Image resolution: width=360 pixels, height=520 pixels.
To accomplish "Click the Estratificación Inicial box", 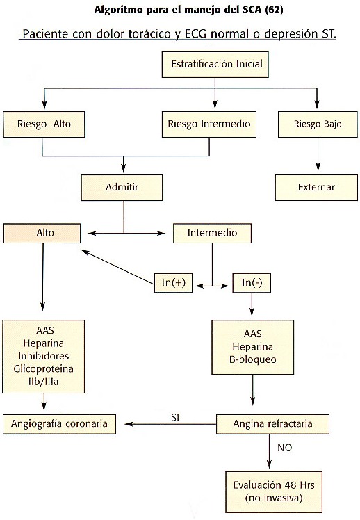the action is coord(215,65).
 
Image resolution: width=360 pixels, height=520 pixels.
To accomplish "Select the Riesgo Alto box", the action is coord(44,124).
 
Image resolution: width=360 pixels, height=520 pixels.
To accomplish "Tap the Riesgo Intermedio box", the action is coord(208,124).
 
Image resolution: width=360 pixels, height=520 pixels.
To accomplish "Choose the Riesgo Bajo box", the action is coord(318,124).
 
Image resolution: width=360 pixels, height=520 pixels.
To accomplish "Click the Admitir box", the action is coord(122,188).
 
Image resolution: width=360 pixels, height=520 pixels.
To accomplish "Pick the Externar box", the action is coord(316,188).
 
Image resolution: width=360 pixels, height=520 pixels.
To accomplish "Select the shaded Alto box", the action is coord(42,233).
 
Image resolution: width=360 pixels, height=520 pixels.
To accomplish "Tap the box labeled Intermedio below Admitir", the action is coord(212,233).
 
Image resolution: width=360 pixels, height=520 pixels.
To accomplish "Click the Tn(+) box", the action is coord(173,283).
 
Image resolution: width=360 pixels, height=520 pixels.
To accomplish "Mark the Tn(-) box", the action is coord(252,283).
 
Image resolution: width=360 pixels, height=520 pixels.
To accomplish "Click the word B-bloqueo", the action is coord(252,359).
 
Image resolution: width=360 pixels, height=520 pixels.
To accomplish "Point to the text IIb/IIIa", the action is coord(43,382).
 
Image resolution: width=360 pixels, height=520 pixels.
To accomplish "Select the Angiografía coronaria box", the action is coord(59,424).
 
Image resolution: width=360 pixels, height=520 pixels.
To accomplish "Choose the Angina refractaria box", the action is coord(272,424).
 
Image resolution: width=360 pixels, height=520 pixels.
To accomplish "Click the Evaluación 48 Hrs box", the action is coord(274,491).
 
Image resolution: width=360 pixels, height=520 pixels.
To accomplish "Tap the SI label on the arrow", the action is coord(175,417).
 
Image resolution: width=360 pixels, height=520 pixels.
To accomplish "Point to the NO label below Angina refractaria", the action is coord(284,448).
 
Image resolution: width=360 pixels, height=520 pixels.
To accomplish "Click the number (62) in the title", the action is coord(274,9).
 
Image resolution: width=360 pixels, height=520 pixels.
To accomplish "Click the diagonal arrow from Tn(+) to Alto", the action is coord(117,267).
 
